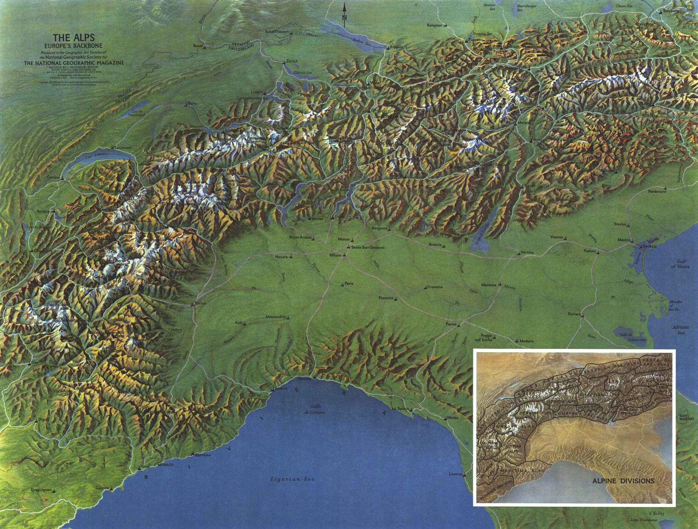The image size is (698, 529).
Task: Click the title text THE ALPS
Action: pyautogui.click(x=74, y=38)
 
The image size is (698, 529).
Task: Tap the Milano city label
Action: pyautogui.click(x=335, y=255)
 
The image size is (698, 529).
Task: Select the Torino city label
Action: pyautogui.click(x=200, y=303)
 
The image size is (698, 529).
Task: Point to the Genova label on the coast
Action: pyautogui.click(x=304, y=379)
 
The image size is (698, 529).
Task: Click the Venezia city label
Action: pyautogui.click(x=649, y=246)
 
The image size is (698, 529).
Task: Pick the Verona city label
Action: pyautogui.click(x=527, y=252)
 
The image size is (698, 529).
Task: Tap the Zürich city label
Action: pyautogui.click(x=292, y=61)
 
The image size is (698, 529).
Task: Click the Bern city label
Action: pyautogui.click(x=192, y=103)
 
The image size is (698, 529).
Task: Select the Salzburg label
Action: pyautogui.click(x=671, y=11)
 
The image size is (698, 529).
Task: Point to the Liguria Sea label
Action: pyautogui.click(x=293, y=479)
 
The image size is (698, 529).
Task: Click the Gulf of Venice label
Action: pyautogui.click(x=681, y=264)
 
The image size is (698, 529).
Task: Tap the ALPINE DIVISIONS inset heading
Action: pyautogui.click(x=623, y=481)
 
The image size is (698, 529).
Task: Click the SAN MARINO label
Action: pyautogui.click(x=686, y=417)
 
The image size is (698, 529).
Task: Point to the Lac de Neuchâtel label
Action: pyautogui.click(x=136, y=113)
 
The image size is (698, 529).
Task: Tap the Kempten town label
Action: pyautogui.click(x=434, y=25)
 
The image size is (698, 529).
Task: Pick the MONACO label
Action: pyautogui.click(x=165, y=465)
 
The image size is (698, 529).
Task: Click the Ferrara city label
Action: pyautogui.click(x=574, y=314)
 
